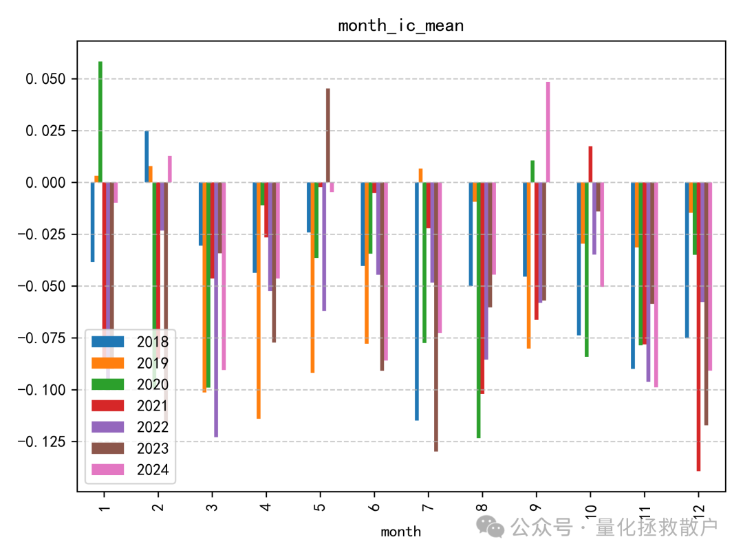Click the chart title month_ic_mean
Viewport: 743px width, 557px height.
[x=400, y=26]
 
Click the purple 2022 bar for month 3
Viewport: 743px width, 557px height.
[x=216, y=309]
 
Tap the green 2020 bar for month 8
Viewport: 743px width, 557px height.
[x=478, y=309]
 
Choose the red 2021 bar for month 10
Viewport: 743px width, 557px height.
[x=590, y=164]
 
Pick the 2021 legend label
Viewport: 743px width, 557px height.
[x=152, y=406]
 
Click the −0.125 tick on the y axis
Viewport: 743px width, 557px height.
[x=43, y=441]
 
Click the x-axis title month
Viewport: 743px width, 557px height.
[x=400, y=532]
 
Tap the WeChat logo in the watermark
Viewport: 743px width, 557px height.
[x=491, y=527]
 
